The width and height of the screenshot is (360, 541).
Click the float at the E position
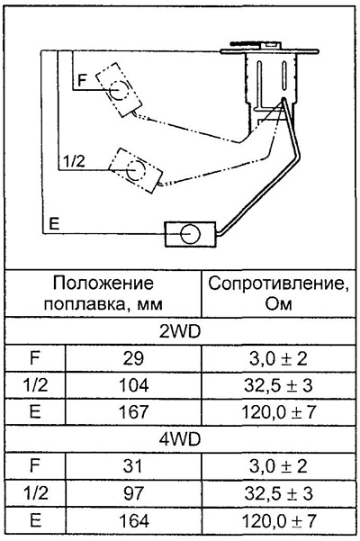coord(190,234)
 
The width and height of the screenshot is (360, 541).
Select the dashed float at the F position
coord(119,90)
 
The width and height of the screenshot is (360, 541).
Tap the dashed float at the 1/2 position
coord(136,170)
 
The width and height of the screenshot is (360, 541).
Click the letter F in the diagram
coord(82,80)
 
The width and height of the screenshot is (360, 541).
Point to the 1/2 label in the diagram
coord(74,161)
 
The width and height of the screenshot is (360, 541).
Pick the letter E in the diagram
coord(54,223)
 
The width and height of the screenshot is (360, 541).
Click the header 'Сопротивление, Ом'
coord(278,293)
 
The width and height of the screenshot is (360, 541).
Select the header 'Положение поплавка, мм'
coord(103,293)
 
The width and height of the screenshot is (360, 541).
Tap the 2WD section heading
coord(180,331)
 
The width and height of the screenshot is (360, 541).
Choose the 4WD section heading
coord(180,439)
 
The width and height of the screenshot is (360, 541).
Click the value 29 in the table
coord(133,359)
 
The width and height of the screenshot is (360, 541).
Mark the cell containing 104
coord(133,385)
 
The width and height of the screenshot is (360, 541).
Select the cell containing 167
coord(133,412)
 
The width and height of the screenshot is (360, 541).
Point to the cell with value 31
coord(133,466)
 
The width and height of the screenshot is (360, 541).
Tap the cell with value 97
coord(133,493)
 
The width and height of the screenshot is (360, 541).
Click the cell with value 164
coord(133,520)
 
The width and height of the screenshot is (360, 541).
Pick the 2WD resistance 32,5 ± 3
coord(278,385)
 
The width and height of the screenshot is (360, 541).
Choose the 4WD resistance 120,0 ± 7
coord(279,520)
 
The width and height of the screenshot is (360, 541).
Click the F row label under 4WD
coord(35,465)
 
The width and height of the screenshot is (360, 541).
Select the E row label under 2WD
coord(35,412)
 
